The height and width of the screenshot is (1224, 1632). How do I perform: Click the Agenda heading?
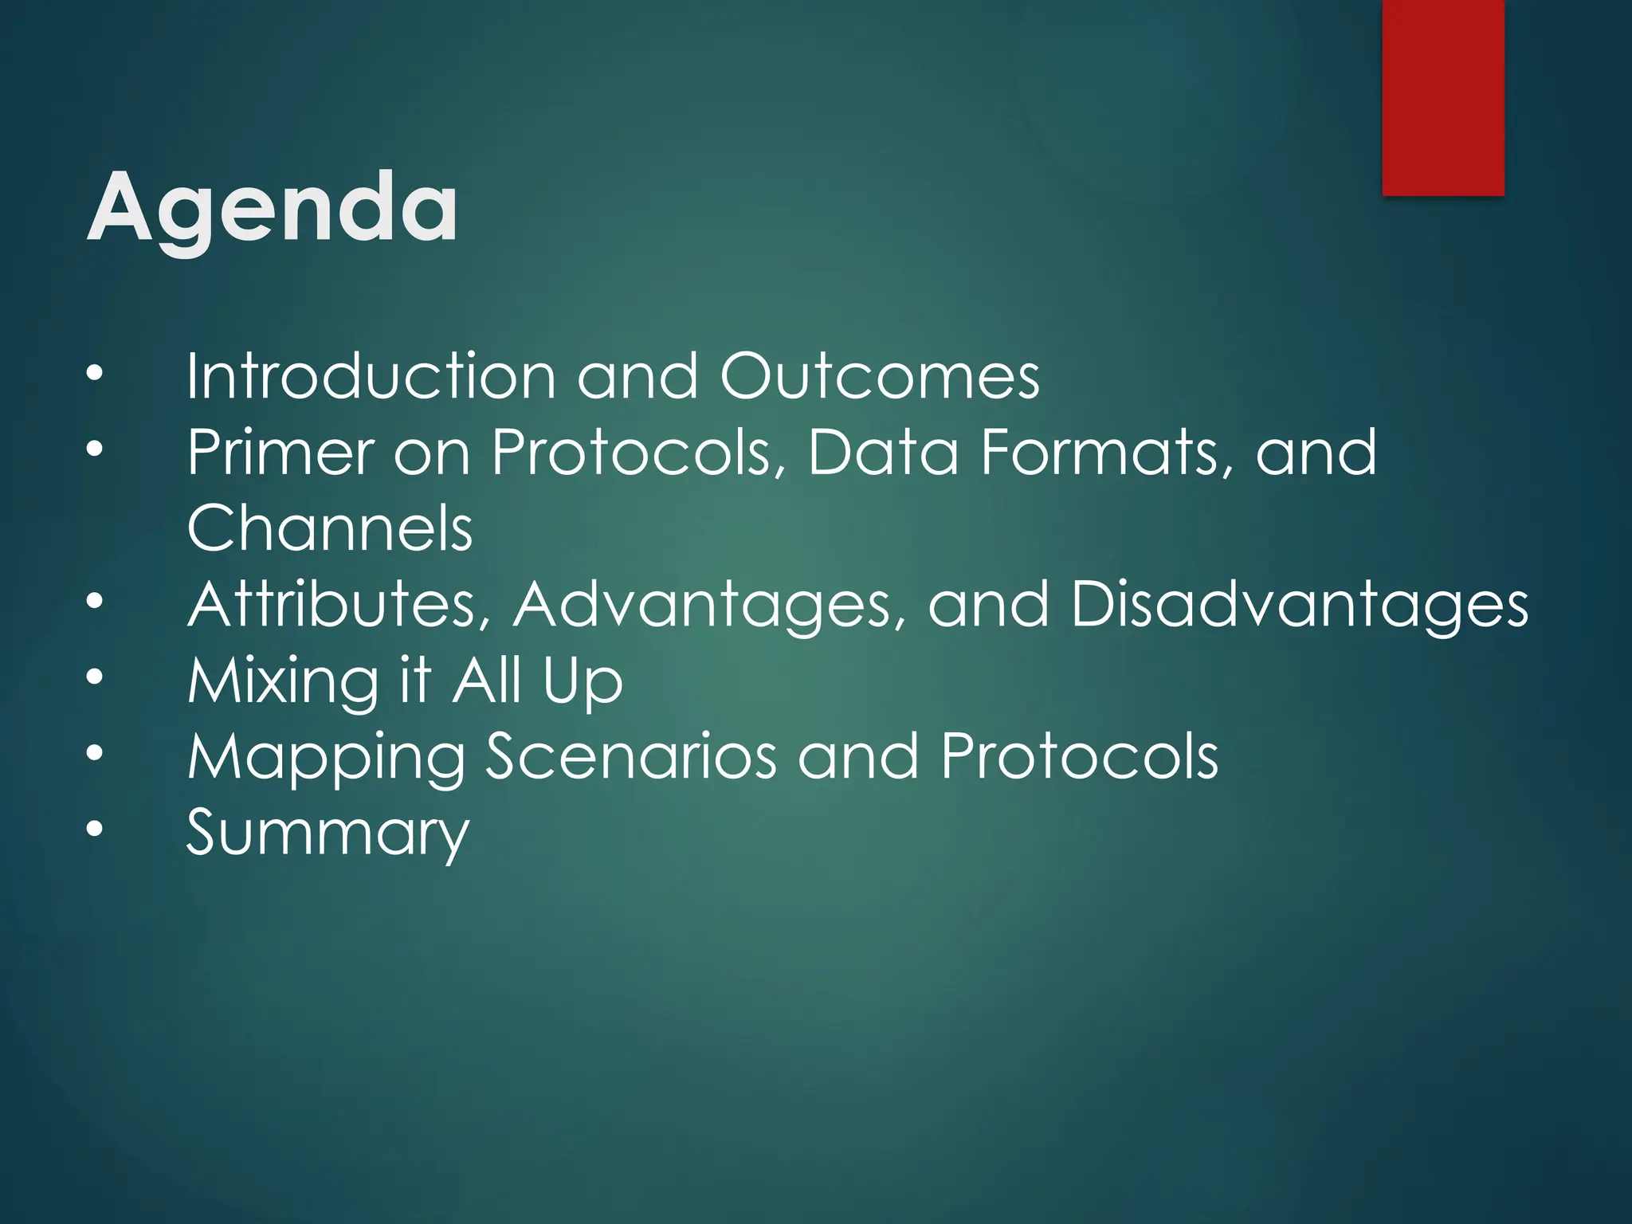(x=272, y=209)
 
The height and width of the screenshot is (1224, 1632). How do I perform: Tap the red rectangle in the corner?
(x=1442, y=97)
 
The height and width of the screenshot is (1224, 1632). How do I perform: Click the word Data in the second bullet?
(x=883, y=453)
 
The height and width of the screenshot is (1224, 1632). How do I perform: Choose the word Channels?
(x=329, y=528)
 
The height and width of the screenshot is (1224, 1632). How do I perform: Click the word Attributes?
(x=339, y=604)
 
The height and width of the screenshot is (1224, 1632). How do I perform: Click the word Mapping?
(x=326, y=757)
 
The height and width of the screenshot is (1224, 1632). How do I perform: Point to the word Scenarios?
(x=630, y=757)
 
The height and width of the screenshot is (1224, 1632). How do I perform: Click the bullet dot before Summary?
(x=95, y=830)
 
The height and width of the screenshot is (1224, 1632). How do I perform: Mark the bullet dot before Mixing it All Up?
(x=95, y=677)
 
